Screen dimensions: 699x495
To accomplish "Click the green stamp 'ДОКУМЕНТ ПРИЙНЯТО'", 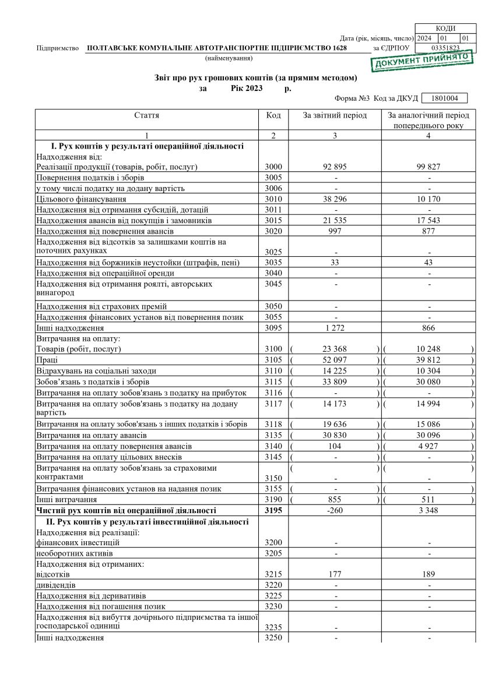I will [422, 60].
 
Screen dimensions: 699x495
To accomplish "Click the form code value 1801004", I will [444, 99].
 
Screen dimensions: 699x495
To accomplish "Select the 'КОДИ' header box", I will [445, 29].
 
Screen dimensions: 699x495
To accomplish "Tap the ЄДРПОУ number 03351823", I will [445, 48].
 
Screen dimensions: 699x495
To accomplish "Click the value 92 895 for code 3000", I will [335, 167].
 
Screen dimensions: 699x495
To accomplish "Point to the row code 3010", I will [273, 199].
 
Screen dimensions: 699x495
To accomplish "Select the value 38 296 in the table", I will [335, 199].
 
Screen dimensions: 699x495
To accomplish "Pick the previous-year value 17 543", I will [429, 221].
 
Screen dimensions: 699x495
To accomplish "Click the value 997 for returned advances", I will [335, 231].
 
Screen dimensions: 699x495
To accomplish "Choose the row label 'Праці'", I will [47, 360].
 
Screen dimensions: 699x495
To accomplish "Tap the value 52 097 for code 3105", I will [335, 360].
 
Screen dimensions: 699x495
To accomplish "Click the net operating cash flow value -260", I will [335, 510].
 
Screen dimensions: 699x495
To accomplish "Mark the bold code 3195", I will [273, 510].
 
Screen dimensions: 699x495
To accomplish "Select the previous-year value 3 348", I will [429, 510].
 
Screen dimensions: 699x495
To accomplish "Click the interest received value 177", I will [335, 574].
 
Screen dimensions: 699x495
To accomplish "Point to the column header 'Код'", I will [273, 115].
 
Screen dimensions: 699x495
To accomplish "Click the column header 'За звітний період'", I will [335, 115].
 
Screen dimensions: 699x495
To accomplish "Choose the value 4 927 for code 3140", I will [429, 446].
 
